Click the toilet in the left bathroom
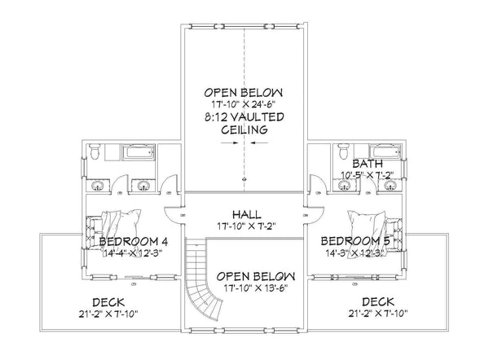[96, 151]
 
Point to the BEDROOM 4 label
[134, 243]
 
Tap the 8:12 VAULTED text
[244, 117]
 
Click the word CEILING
[244, 130]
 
